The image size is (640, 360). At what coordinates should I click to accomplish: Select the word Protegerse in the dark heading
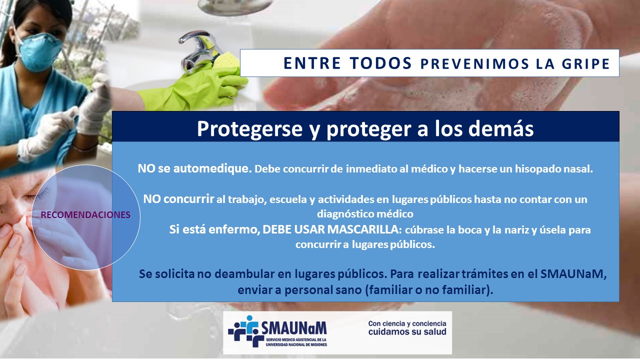(249, 129)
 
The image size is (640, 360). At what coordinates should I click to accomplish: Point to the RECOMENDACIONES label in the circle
(85, 215)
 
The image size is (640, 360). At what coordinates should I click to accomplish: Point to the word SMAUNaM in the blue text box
(572, 274)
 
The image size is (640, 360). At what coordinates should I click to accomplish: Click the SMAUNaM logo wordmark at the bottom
(294, 328)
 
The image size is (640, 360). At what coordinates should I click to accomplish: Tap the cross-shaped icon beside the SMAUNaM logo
(245, 331)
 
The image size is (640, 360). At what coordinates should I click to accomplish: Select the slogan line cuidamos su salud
(407, 331)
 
